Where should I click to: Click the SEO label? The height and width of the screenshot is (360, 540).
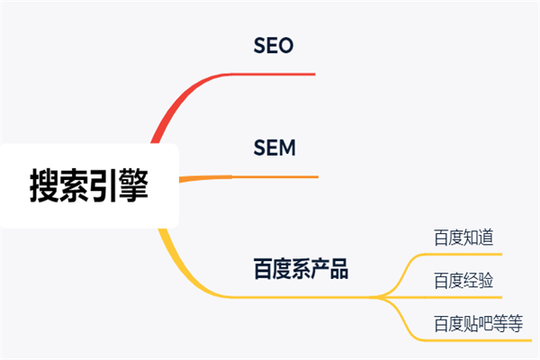(x=274, y=45)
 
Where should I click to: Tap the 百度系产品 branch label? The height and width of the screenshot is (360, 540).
(x=300, y=268)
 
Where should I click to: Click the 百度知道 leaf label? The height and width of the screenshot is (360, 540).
(x=463, y=238)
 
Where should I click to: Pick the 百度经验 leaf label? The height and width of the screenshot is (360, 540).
(x=463, y=280)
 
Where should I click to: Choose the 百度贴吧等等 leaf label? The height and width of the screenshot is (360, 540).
(x=478, y=322)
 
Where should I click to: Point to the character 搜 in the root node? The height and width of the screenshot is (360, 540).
(x=44, y=187)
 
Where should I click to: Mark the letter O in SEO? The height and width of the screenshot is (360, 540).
(x=285, y=45)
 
